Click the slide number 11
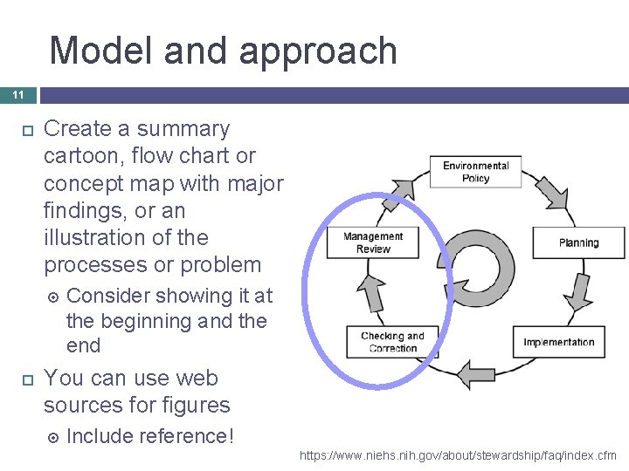[18, 94]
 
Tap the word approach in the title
[318, 51]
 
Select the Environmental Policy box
[475, 172]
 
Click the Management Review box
[373, 242]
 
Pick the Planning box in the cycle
[578, 242]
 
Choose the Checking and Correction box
[392, 342]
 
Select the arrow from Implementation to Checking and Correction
[476, 373]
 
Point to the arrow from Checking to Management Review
[373, 292]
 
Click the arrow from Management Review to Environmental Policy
[404, 188]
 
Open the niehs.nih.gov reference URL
[457, 455]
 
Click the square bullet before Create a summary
[26, 130]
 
